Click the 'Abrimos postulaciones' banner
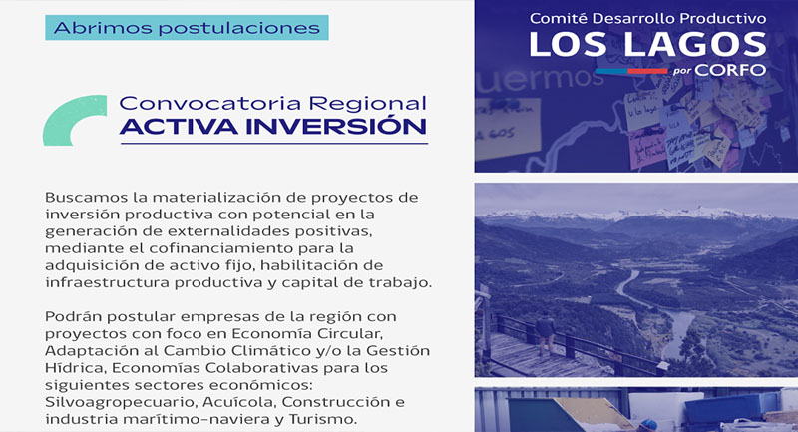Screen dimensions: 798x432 (x=187, y=28)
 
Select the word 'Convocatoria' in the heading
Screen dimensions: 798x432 (x=210, y=104)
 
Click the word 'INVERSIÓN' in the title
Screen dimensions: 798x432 (x=336, y=126)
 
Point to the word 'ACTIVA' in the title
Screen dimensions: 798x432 (x=180, y=127)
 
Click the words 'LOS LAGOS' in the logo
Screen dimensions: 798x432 (x=647, y=44)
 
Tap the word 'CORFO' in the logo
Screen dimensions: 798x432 (x=730, y=70)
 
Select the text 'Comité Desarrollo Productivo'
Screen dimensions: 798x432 (x=647, y=18)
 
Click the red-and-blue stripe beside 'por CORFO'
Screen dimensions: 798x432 (x=631, y=71)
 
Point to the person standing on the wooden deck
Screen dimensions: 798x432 (x=545, y=333)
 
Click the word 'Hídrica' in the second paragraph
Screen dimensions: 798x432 (x=76, y=368)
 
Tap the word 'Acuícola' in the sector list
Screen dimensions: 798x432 (x=238, y=402)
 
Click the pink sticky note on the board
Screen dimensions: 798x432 (x=646, y=148)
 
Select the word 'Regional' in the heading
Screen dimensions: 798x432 (x=367, y=104)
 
